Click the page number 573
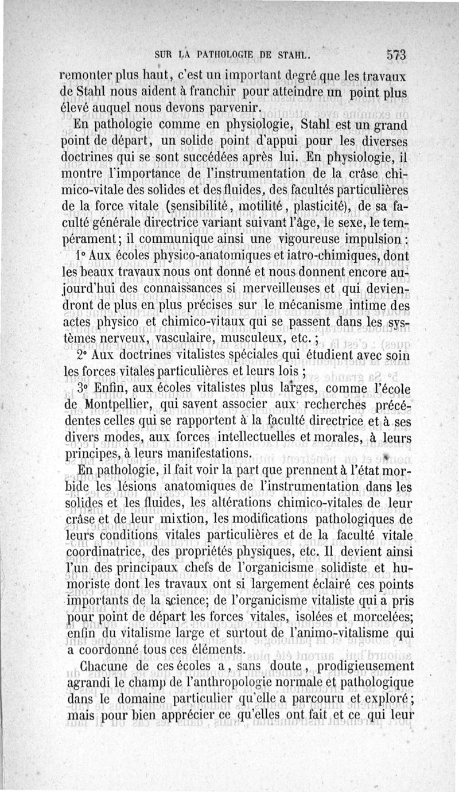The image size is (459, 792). click(x=395, y=56)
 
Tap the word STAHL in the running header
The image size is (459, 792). click(x=293, y=56)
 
